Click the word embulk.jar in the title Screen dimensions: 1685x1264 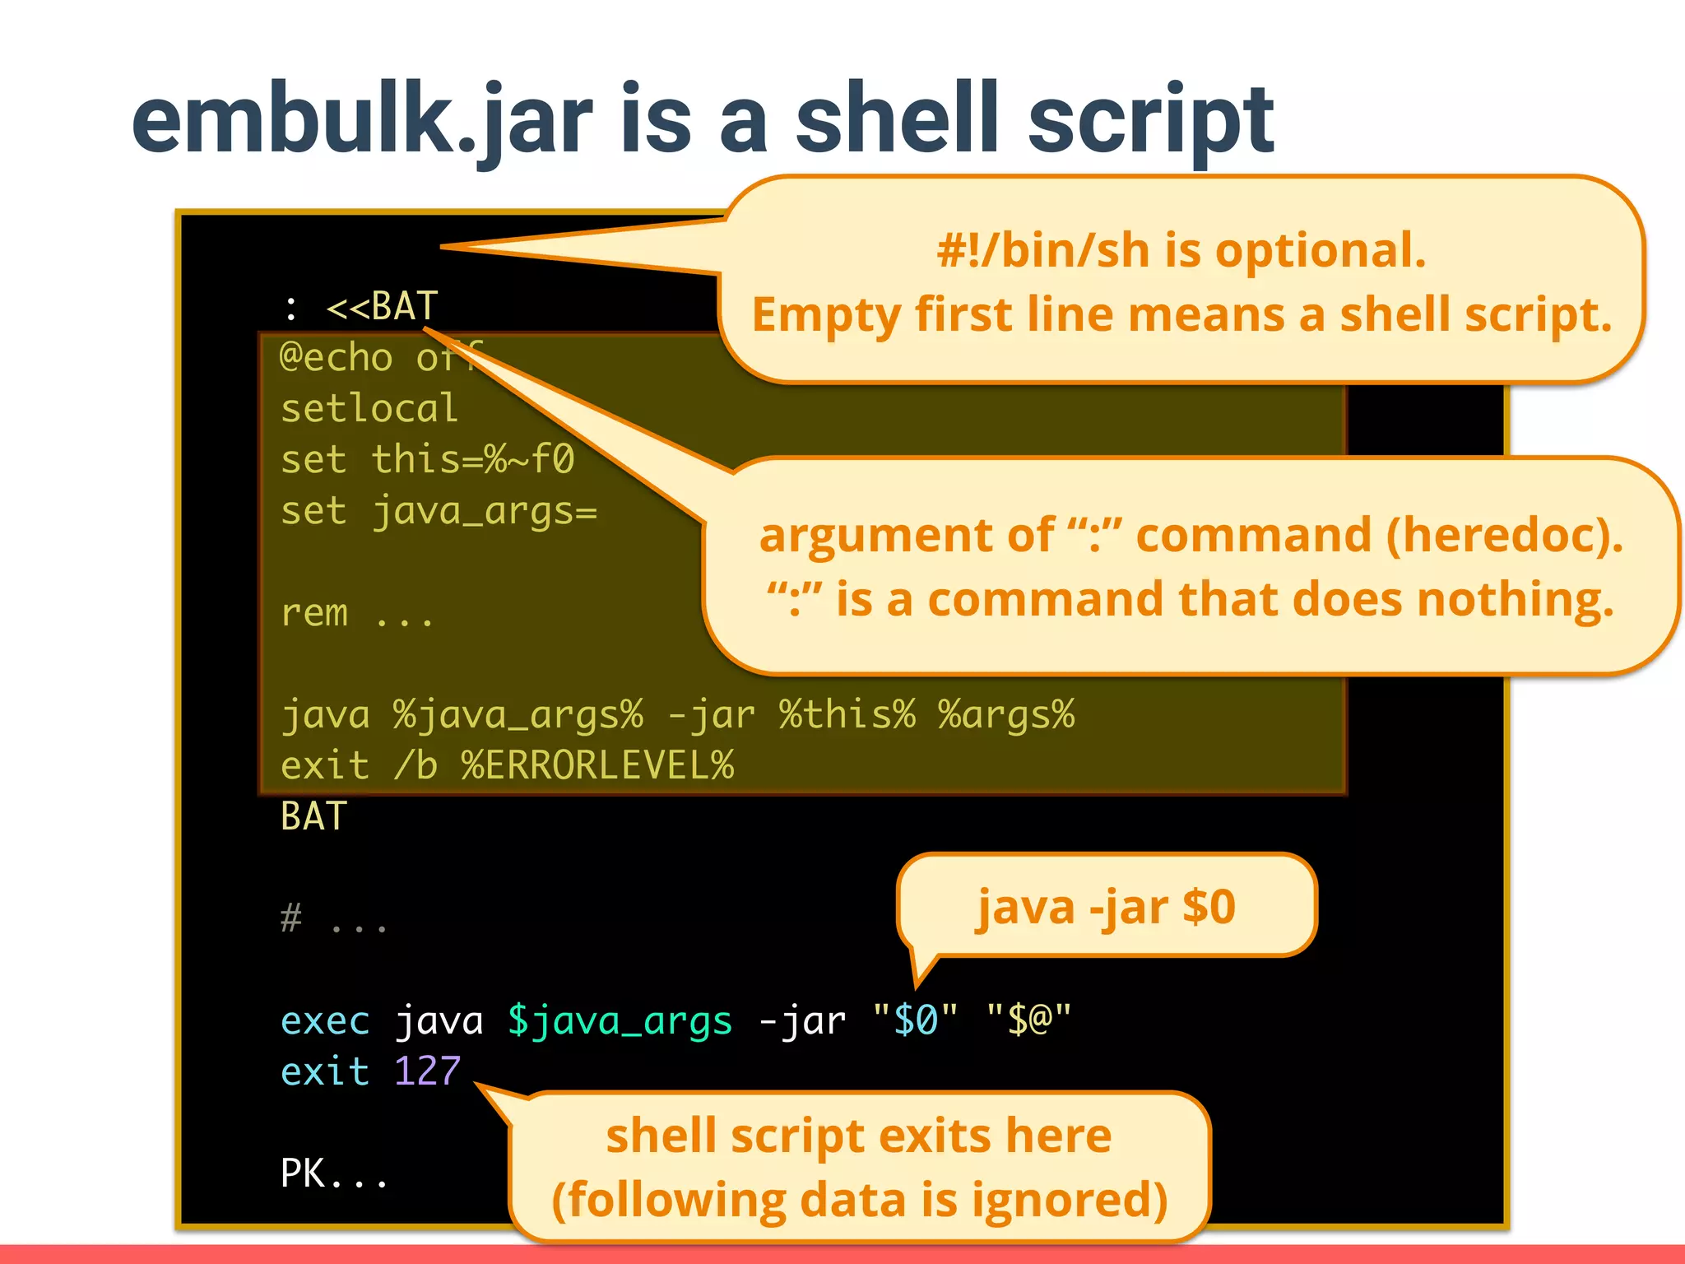362,119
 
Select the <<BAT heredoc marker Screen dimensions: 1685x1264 383,306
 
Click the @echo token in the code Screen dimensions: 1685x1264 336,357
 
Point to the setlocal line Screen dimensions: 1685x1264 369,408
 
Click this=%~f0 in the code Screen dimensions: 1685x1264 472,459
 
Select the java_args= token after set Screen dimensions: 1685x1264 485,511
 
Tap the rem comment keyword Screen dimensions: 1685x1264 313,613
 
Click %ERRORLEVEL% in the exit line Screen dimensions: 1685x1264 597,765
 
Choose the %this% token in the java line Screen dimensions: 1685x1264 847,714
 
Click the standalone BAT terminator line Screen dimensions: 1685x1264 313,816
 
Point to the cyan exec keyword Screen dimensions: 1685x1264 325,1020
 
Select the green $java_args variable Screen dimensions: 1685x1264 620,1020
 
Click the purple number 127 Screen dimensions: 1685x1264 427,1071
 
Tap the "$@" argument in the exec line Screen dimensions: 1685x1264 1028,1020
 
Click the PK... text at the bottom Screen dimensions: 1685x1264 332,1173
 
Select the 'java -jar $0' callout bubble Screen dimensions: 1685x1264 1106,906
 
